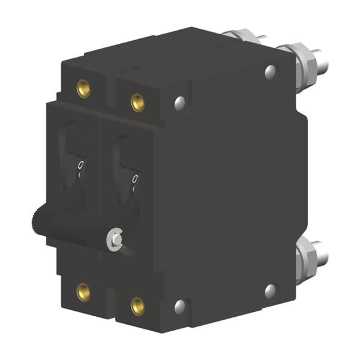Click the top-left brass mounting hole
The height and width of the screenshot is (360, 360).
[83, 88]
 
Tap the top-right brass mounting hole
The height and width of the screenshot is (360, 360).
[137, 103]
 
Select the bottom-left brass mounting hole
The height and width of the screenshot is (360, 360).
[83, 292]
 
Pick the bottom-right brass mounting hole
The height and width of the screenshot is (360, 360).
[137, 306]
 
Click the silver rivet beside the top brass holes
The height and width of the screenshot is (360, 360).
[180, 103]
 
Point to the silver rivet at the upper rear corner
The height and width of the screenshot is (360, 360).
[270, 73]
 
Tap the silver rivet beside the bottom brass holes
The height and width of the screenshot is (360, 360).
[180, 307]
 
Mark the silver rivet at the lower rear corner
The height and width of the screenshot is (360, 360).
[270, 292]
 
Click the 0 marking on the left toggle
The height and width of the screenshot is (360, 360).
[81, 164]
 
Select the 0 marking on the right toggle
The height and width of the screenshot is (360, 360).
[136, 179]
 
